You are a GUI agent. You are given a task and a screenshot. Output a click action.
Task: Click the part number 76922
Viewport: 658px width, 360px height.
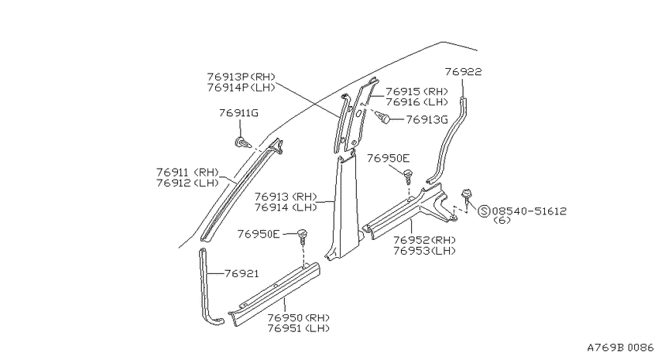coord(463,72)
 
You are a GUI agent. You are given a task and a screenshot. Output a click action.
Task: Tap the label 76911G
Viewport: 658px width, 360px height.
coord(238,113)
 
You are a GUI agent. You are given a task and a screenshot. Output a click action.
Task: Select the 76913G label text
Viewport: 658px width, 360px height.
coord(427,119)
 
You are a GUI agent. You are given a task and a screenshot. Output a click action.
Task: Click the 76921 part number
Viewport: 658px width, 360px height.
coord(242,273)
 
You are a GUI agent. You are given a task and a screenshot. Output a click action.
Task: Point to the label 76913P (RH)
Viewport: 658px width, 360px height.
coord(241,77)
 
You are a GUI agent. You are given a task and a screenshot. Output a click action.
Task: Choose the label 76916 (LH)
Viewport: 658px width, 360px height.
coord(416,102)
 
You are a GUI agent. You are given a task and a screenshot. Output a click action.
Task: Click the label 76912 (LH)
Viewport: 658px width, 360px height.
coord(187,183)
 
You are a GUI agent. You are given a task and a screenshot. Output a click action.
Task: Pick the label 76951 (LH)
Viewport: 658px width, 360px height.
coord(298,328)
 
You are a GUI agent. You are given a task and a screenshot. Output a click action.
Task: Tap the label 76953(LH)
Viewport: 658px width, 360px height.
coord(425,251)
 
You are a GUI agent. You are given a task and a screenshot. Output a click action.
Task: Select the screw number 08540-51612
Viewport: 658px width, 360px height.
coord(529,211)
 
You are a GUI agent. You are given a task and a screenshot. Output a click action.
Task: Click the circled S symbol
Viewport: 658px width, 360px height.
coord(485,211)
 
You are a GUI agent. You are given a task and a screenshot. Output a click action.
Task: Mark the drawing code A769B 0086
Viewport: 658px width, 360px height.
coord(620,348)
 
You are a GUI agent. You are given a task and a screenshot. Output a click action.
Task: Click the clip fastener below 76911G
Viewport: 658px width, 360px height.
coord(242,142)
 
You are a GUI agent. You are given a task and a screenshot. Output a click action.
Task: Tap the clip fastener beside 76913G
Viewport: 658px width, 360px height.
coord(382,117)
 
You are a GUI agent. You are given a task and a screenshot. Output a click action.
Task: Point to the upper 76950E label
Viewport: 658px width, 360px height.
coord(388,158)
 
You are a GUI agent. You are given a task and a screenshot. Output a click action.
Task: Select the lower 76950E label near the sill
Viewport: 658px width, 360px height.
coord(258,234)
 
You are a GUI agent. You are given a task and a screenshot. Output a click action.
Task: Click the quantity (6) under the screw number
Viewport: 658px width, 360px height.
coord(502,221)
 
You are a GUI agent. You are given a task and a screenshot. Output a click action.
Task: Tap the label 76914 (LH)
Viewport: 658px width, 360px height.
coord(286,207)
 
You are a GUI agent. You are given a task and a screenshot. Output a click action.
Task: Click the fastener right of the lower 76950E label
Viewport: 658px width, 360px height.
coord(303,237)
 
